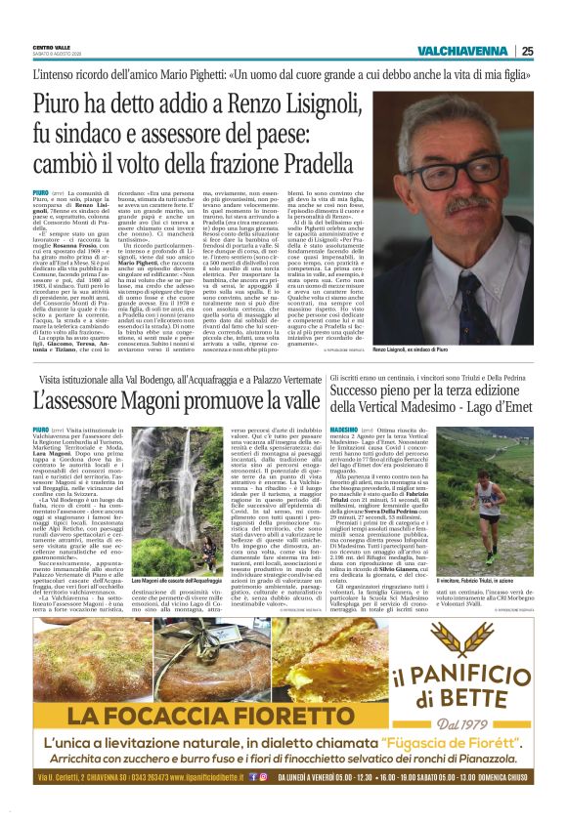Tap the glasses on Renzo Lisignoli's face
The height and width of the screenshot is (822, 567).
click(x=479, y=170)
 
